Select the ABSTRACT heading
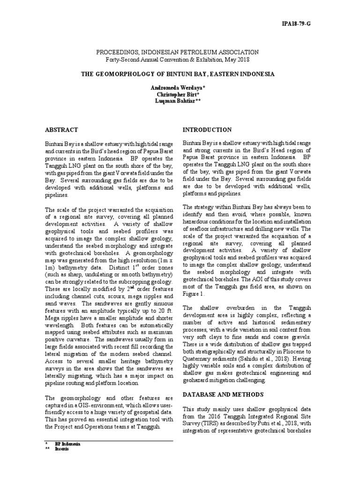point(61,129)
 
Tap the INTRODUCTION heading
point(207,129)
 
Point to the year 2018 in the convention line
point(243,60)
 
